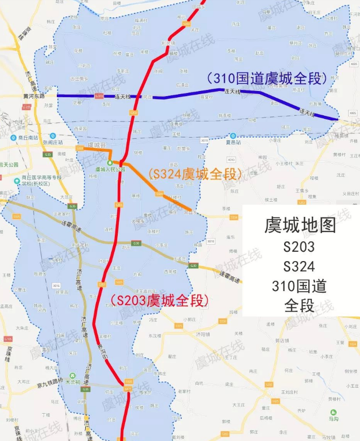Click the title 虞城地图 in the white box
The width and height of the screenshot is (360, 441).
[300, 225]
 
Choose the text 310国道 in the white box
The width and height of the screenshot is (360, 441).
[300, 285]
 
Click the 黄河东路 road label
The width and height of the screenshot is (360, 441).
[34, 96]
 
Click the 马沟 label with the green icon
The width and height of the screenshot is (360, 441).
[334, 418]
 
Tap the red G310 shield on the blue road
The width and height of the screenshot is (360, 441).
[99, 96]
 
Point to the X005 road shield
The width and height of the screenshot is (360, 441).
[353, 113]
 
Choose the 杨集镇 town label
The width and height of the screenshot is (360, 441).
[341, 135]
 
